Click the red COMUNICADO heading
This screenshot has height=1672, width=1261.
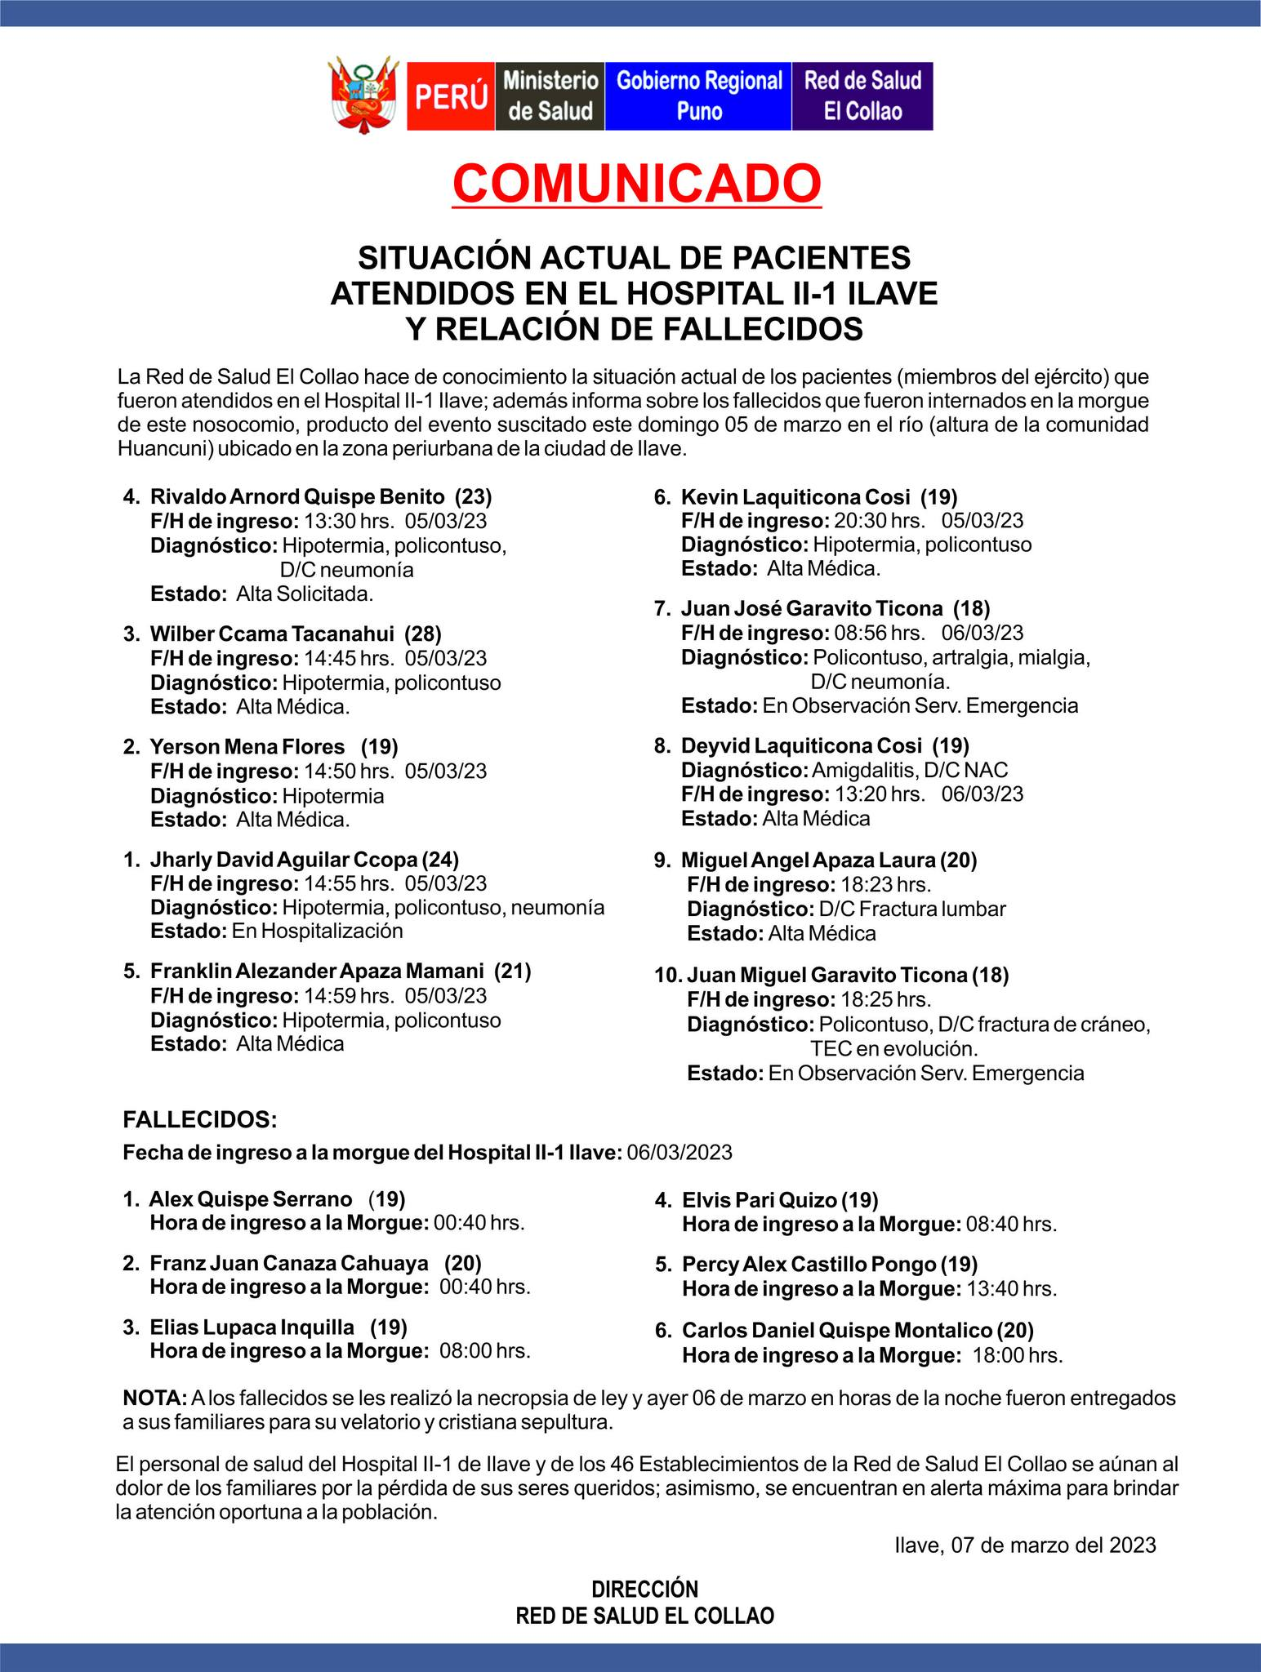(636, 184)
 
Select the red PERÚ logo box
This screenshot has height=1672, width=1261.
(451, 96)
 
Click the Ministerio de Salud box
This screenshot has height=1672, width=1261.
(550, 96)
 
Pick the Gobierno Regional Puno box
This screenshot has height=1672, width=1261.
(698, 96)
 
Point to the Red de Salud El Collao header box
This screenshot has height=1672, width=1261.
(862, 96)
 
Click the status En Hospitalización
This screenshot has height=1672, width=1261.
(317, 931)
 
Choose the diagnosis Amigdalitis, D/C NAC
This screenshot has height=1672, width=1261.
(910, 770)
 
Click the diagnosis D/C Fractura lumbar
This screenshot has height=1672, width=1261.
(912, 909)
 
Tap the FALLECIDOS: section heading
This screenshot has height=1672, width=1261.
(200, 1119)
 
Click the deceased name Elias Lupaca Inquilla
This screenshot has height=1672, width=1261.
(252, 1327)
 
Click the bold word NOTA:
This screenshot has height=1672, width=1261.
(154, 1398)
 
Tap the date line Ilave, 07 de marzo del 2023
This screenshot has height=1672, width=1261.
(1025, 1545)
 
